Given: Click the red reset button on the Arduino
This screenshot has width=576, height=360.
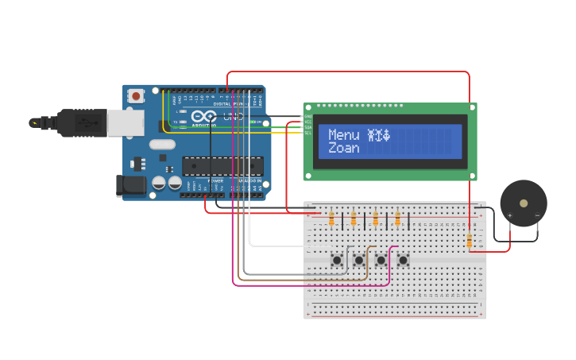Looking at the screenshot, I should click(x=137, y=96).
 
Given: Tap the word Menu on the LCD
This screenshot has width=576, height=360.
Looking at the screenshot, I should click(x=343, y=135).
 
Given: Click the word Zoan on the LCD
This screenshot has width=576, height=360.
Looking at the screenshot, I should click(x=343, y=148).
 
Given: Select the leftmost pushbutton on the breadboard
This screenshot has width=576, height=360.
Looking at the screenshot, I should click(x=337, y=260).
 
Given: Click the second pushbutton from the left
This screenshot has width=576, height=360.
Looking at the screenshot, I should click(x=359, y=260).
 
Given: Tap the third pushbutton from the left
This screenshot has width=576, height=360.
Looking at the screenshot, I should click(x=381, y=260).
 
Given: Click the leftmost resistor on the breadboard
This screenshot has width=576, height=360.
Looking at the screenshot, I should click(x=331, y=219).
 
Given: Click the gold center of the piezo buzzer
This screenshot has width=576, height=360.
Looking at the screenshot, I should click(x=524, y=203).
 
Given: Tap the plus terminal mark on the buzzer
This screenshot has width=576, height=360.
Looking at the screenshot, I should click(x=509, y=215).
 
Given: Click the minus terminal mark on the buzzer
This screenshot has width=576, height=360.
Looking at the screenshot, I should click(x=537, y=215).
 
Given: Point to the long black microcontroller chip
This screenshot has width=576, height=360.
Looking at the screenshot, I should click(x=222, y=165).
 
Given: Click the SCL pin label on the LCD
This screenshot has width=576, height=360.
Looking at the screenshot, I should click(x=307, y=133).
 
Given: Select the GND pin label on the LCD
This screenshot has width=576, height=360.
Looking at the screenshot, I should click(x=307, y=116).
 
